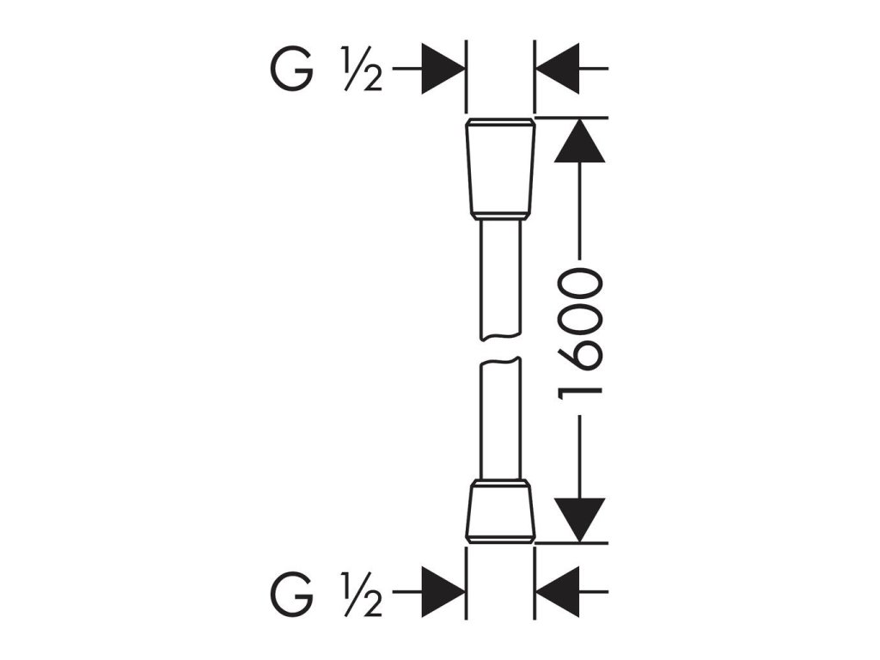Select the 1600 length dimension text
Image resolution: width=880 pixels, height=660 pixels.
point(581,334)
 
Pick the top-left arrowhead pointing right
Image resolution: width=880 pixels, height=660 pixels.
point(444,69)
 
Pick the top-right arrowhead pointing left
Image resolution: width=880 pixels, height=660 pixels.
point(556,69)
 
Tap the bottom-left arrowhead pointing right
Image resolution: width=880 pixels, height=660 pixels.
point(444,592)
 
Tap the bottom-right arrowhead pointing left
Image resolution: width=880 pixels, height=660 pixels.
point(556,592)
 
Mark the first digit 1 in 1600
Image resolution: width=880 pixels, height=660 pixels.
point(581,387)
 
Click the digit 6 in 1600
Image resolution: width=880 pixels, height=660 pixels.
point(581,352)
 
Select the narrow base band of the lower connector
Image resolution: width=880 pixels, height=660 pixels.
point(500,539)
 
